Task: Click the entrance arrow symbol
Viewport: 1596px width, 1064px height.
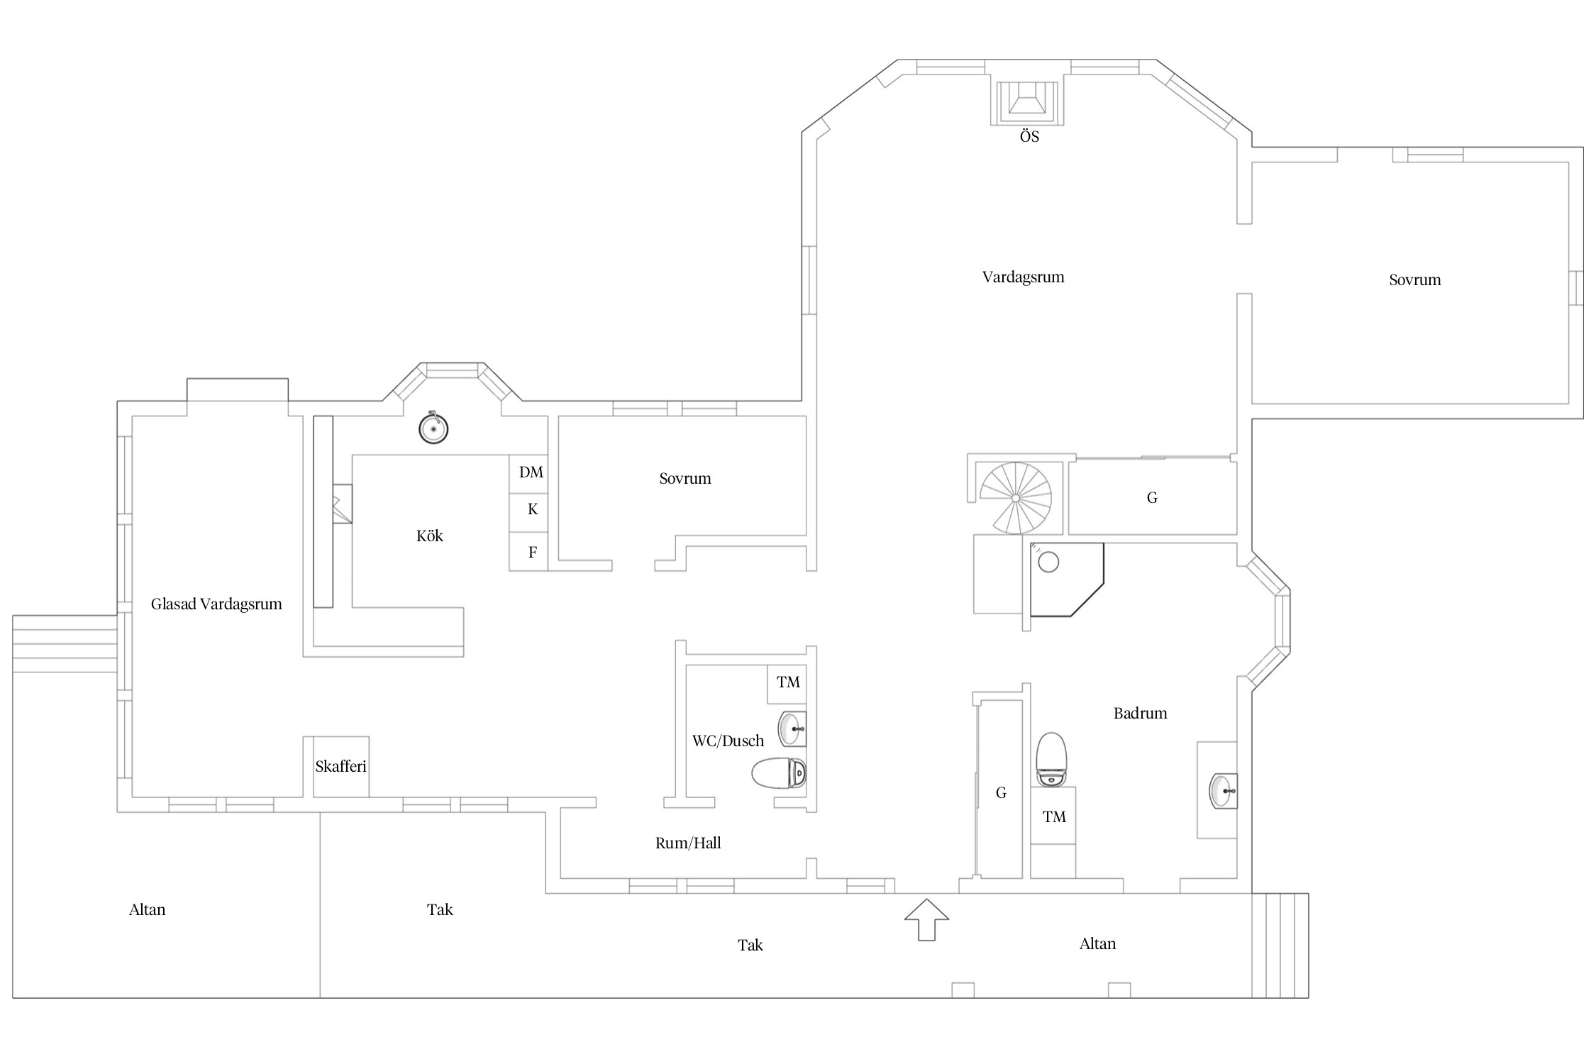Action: pos(926,920)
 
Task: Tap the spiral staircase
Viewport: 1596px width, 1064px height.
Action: pos(1016,498)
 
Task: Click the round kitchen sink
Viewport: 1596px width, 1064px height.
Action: pos(433,429)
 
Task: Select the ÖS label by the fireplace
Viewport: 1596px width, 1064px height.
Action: pos(1029,136)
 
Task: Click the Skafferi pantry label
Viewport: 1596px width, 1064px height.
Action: pos(340,766)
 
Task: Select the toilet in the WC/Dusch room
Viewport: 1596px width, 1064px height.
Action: pos(779,773)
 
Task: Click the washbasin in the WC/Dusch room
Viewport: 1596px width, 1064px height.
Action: pos(792,728)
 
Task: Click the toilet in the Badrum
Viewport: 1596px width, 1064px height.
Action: pos(1052,759)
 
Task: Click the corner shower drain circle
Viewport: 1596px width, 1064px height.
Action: pos(1048,563)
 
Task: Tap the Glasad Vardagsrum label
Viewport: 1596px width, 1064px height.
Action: pos(216,604)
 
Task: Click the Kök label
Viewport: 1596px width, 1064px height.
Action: pos(429,536)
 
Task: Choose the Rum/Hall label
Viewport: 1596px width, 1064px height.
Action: pos(688,843)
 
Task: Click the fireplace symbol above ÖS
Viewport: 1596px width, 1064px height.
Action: pos(1028,104)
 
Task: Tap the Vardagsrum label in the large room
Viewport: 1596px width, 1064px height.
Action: pos(1023,277)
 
